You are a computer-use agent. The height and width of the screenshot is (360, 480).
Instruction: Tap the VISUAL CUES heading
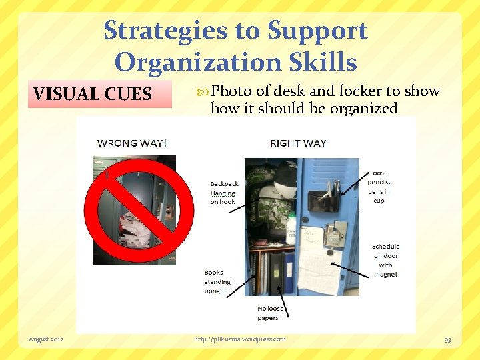tap(93, 94)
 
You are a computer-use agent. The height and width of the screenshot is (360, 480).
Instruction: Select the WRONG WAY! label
tap(132, 143)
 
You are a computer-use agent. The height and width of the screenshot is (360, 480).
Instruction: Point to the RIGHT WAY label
tap(298, 143)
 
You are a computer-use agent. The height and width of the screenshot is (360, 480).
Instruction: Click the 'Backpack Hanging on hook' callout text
tap(223, 193)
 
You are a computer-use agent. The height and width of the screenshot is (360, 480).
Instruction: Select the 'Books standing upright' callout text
tap(215, 281)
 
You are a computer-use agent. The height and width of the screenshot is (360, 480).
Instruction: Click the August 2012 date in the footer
tap(46, 339)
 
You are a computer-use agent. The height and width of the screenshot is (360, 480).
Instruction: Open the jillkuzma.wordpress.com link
tap(239, 339)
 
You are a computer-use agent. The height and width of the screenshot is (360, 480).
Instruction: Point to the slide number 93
tap(447, 340)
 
